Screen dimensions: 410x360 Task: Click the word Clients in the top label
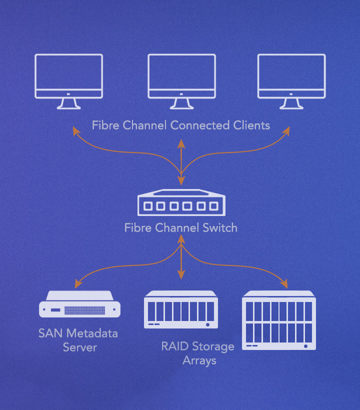[251, 125]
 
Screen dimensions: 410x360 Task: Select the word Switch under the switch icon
[218, 228]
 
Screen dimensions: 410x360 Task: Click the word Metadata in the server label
[93, 333]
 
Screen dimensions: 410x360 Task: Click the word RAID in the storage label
[174, 346]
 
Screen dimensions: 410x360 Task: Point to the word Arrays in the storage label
[199, 360]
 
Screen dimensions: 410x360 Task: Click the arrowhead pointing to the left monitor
[76, 130]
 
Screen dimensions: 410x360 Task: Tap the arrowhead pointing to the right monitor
[287, 130]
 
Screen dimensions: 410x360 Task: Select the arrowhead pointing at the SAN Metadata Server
[77, 285]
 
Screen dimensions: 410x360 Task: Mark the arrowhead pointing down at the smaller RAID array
[181, 274]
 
